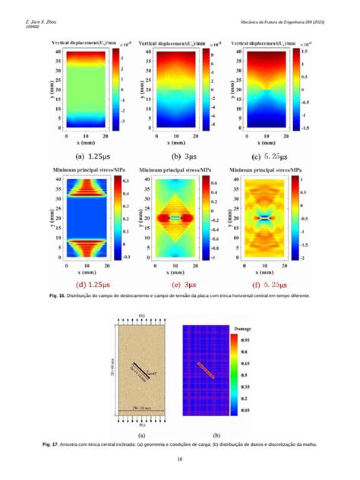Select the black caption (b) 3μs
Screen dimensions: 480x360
[x=172, y=156]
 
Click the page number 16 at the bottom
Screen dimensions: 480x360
[x=180, y=459]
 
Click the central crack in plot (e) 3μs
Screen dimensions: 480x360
[x=174, y=217]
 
